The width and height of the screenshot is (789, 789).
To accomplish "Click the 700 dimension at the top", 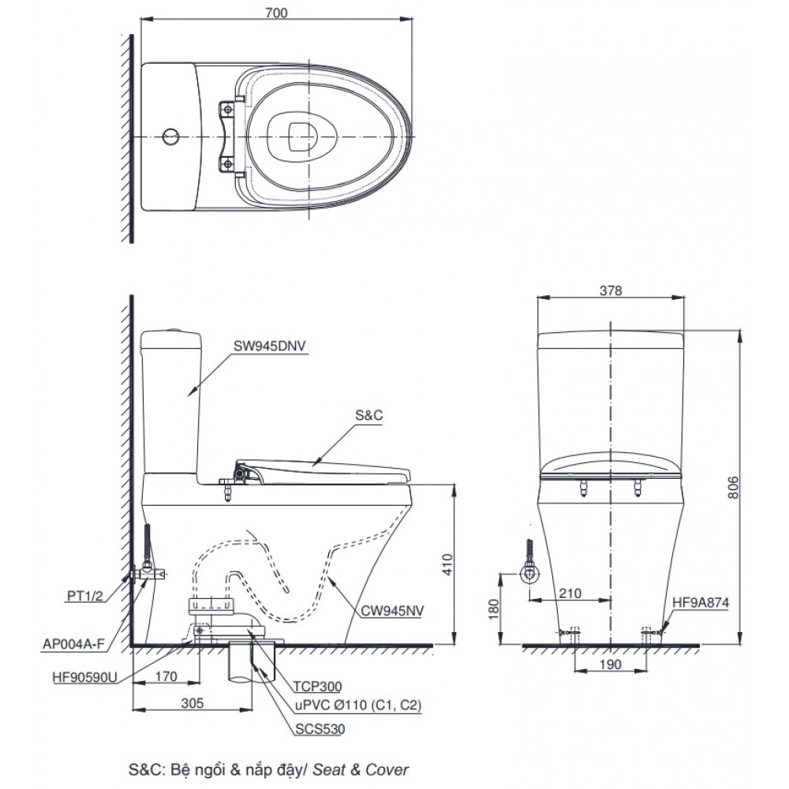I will [276, 12].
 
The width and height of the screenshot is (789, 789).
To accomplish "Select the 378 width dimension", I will [611, 290].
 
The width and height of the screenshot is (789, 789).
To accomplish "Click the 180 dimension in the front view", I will [492, 610].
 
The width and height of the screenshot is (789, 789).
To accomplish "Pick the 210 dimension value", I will [570, 592].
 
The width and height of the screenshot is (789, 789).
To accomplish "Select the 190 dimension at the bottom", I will [611, 665].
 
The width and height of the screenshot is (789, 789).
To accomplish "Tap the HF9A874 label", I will [700, 602].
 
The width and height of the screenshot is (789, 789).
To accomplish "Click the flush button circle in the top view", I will [170, 137].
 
